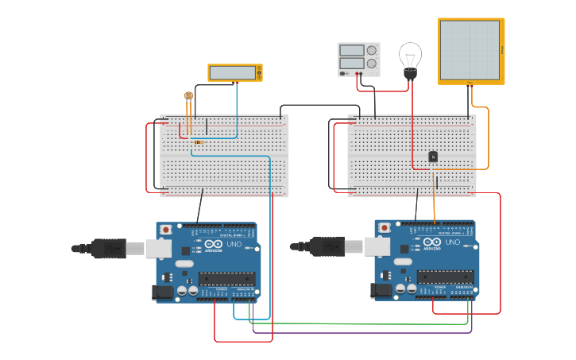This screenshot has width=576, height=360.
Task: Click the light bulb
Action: tap(410, 58)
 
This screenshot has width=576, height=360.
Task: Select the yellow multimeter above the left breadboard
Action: tap(235, 73)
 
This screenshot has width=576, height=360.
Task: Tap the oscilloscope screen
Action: tap(470, 49)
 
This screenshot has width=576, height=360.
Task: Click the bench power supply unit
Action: tap(358, 60)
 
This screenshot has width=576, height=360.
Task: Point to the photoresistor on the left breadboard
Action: tap(188, 96)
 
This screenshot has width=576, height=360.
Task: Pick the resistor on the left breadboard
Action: tap(196, 141)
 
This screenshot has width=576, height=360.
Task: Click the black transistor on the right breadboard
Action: tap(433, 157)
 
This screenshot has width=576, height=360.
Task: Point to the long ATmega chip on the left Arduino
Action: tap(226, 279)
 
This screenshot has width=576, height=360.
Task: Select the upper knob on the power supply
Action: tap(371, 50)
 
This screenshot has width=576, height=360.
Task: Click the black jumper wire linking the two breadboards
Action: tap(326, 106)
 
